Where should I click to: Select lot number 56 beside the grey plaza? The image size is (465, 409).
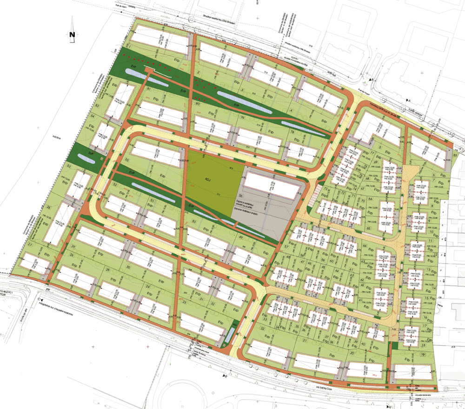(240, 196)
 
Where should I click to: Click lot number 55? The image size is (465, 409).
(127, 159)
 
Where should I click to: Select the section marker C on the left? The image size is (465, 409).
(40, 300)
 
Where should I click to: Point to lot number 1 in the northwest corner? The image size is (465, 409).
(131, 46)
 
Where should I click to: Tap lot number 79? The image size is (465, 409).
(242, 117)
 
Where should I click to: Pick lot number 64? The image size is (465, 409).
(365, 245)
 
